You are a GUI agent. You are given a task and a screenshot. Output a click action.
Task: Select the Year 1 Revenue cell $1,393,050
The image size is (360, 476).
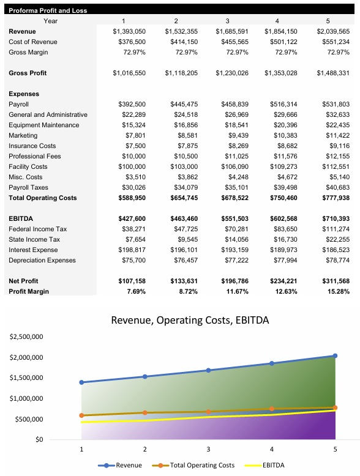(x=130, y=31)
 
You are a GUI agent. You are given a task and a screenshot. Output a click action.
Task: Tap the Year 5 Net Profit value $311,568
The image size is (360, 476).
(x=333, y=281)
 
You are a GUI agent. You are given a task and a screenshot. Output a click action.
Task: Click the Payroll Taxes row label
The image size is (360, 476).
(x=29, y=187)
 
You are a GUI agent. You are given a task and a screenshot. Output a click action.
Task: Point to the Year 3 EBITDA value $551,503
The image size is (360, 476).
(x=231, y=218)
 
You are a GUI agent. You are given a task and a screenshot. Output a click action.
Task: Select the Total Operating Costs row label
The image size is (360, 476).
(x=43, y=198)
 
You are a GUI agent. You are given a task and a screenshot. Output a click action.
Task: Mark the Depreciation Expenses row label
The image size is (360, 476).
(x=42, y=260)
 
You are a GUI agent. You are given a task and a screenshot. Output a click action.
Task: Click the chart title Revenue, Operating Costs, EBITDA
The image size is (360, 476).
(x=190, y=320)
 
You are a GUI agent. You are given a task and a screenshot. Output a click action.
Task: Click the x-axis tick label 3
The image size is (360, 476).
(x=208, y=449)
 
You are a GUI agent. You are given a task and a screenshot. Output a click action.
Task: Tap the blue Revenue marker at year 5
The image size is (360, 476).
(x=335, y=355)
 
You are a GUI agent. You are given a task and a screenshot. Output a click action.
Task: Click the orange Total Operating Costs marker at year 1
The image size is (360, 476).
(x=81, y=415)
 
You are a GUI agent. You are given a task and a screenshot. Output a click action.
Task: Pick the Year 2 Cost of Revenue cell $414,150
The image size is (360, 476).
(x=182, y=42)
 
